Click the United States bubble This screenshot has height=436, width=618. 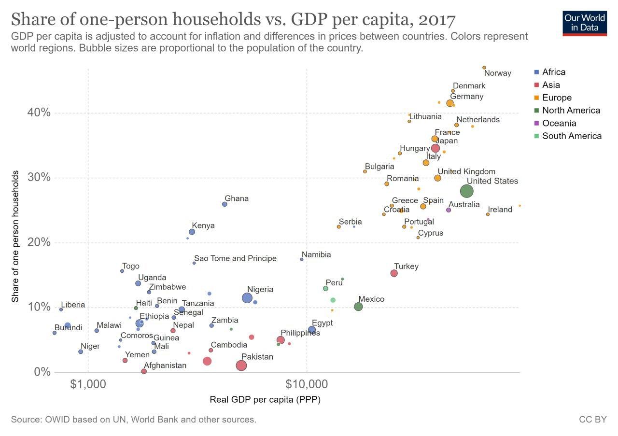pos(466,191)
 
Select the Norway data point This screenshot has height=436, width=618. pos(484,68)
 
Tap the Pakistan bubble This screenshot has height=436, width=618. pos(241,366)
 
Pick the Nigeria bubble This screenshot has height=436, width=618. pos(247,298)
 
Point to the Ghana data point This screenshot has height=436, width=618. pos(225,204)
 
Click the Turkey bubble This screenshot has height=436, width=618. pos(394,273)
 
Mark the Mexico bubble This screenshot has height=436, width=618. pos(358,307)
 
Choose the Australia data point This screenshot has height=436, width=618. pos(449,210)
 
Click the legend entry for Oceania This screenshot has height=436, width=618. pos(559,123)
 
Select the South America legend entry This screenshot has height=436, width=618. pos(572,136)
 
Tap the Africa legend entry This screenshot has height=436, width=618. pos(553,72)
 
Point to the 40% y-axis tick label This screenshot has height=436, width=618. pos(39,113)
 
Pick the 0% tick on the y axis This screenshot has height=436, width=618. pos(42,372)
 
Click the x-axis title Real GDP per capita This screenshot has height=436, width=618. pos(265,400)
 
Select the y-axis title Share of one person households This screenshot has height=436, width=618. pos(15,236)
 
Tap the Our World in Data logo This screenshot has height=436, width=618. pos(585,23)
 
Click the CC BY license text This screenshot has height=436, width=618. pos(592,420)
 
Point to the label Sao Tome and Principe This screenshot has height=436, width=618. pos(235,259)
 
